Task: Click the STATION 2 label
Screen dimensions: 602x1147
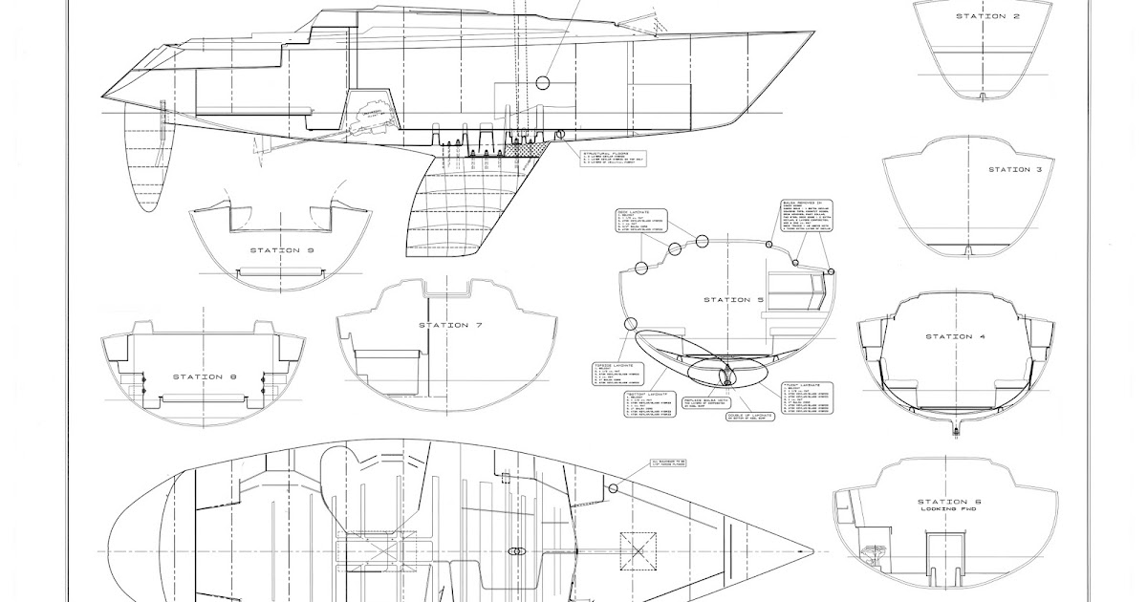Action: tap(982, 16)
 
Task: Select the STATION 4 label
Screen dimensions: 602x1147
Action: tap(949, 336)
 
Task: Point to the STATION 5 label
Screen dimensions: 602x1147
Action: tap(734, 300)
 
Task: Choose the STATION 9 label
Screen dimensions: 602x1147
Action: tap(282, 250)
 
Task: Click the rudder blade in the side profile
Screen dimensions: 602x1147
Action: tap(145, 158)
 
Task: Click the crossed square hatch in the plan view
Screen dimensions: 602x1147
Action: tap(638, 551)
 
